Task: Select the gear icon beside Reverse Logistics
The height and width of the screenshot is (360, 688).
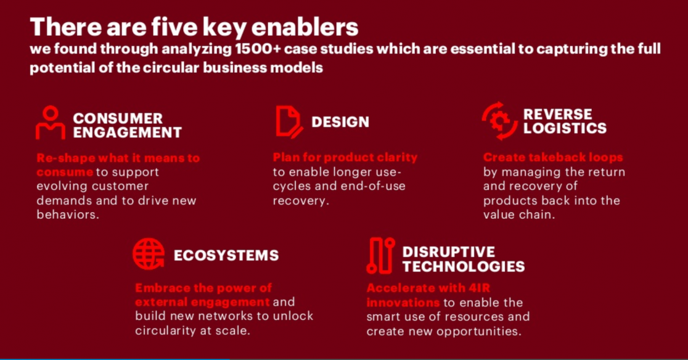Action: pyautogui.click(x=499, y=121)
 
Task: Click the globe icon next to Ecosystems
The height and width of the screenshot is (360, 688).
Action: pyautogui.click(x=149, y=254)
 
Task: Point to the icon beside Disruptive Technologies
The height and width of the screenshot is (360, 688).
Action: pyautogui.click(x=380, y=256)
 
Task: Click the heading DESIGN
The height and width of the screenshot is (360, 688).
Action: pyautogui.click(x=340, y=122)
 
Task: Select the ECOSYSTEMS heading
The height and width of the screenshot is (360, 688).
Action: pyautogui.click(x=226, y=255)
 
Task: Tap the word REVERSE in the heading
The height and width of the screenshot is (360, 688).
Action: pyautogui.click(x=557, y=115)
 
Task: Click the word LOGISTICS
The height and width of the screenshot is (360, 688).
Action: pyautogui.click(x=565, y=128)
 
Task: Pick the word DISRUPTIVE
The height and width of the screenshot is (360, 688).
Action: pyautogui.click(x=448, y=252)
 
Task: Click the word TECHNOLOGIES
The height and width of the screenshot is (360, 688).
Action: pyautogui.click(x=464, y=266)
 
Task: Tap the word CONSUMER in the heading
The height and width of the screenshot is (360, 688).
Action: pyautogui.click(x=118, y=118)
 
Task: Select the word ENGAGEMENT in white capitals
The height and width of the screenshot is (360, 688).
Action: pyautogui.click(x=127, y=133)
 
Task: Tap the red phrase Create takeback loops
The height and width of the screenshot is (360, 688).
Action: pyautogui.click(x=553, y=157)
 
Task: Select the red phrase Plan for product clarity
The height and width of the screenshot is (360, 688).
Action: pyautogui.click(x=345, y=157)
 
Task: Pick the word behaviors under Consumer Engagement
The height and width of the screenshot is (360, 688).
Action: pyautogui.click(x=68, y=215)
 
